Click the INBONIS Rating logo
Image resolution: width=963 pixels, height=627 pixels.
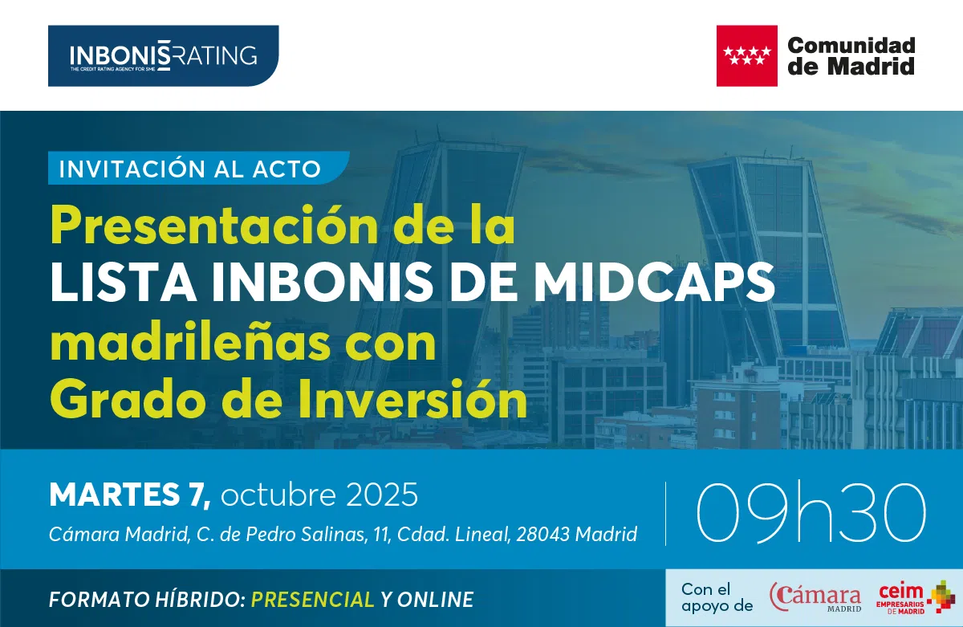tap(164, 55)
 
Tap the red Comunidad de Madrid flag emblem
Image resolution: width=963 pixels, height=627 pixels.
tap(747, 56)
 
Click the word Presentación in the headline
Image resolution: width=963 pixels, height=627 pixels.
tap(214, 226)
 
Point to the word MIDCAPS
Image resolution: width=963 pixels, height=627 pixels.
tap(654, 282)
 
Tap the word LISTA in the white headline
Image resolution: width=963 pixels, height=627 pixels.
tap(124, 283)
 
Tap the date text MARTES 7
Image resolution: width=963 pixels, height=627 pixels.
tap(130, 495)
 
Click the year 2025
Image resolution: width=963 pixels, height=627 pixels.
tap(382, 495)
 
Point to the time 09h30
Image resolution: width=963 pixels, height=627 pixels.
tap(811, 513)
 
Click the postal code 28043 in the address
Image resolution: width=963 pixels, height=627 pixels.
tap(542, 534)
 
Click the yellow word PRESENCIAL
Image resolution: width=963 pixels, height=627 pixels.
tap(312, 599)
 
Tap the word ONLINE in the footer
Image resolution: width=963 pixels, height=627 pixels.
tap(435, 599)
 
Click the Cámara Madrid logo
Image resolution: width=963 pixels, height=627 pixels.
tap(815, 596)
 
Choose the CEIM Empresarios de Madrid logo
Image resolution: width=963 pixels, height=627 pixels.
tap(915, 597)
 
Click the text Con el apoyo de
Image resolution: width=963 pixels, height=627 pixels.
tap(717, 597)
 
